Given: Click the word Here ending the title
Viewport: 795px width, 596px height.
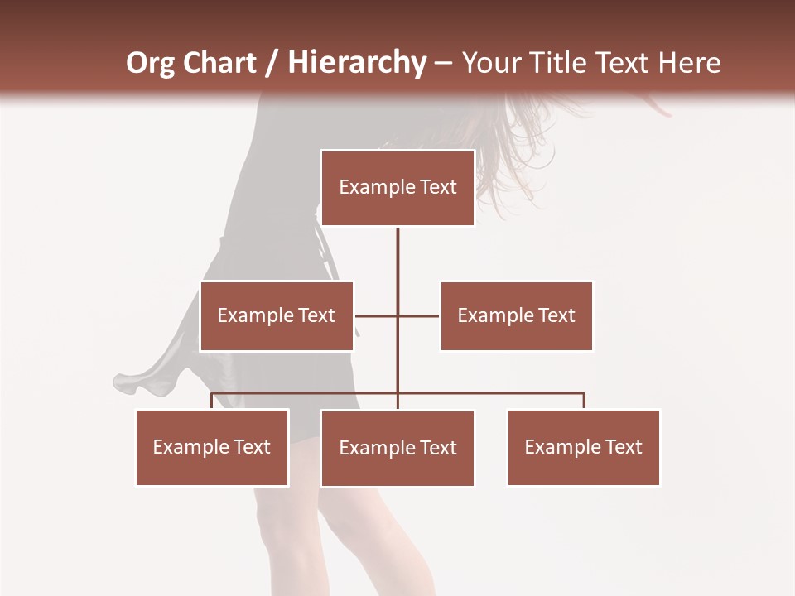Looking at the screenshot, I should pos(687,63).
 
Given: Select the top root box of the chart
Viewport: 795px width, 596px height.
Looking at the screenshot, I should pos(397,188).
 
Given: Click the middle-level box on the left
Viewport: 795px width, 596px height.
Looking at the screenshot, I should pos(277,315).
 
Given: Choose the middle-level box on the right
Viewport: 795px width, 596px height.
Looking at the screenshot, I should pos(516,315).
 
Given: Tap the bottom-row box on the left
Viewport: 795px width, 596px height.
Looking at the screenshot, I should pos(212,447).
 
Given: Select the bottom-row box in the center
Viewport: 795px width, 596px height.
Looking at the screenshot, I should pos(397,448).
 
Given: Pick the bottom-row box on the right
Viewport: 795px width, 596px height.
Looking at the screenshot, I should pos(583,447).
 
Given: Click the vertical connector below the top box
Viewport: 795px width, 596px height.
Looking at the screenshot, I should pos(397,265).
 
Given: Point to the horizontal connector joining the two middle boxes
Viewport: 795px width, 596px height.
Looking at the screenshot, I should pos(377,315).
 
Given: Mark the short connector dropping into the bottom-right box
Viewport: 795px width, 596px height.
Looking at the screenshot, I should pos(584,401).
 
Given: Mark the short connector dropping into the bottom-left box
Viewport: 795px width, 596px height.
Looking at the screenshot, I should pos(212,401).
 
